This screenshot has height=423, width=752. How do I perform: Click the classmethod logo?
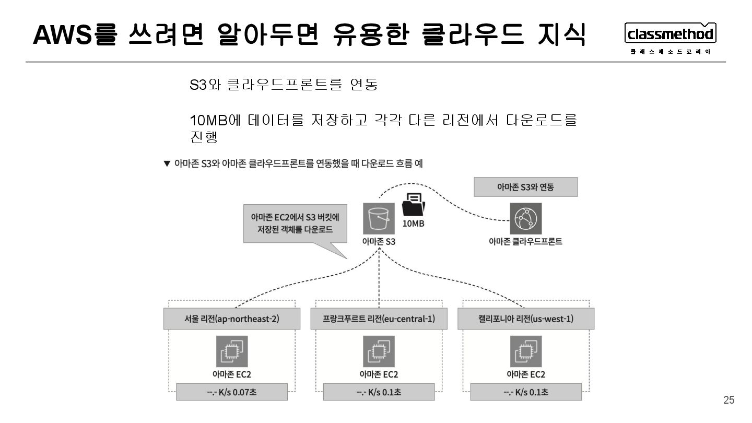670,34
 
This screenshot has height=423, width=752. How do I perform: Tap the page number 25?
728,400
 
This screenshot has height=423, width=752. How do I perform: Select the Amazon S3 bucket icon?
379,219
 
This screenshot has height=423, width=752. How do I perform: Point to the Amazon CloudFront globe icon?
525,219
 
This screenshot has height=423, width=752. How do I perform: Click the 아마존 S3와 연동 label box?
525,187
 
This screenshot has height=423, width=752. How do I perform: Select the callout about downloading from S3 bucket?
295,224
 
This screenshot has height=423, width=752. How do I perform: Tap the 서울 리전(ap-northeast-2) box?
232,319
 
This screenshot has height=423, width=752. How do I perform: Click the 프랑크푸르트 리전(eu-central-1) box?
379,319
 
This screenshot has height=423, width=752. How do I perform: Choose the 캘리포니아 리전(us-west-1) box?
526,319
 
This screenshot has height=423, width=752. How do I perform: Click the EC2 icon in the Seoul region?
232,351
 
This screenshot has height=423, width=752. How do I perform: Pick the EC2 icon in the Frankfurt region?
379,351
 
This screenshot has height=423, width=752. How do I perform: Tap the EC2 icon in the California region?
526,351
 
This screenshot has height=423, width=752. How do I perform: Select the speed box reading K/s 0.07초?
232,392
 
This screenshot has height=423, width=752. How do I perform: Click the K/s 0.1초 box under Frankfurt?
379,392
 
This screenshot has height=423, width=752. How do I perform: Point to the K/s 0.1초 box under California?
526,392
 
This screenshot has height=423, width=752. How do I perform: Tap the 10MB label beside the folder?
413,224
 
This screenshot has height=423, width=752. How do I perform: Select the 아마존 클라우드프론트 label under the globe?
525,242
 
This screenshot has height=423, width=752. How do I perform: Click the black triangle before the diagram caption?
167,164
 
